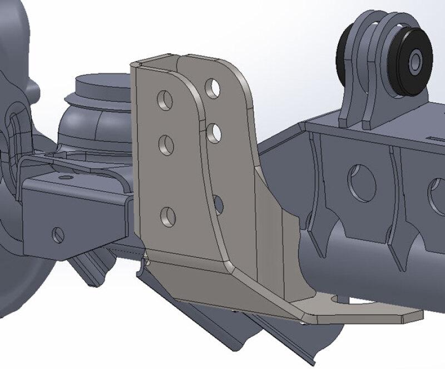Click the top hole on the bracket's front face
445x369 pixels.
(165, 100)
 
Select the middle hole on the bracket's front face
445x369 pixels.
(166, 145)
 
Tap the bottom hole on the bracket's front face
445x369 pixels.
(168, 216)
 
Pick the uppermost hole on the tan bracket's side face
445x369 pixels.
(212, 88)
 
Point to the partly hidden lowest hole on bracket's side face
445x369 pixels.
(218, 205)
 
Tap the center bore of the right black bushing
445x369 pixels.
(415, 60)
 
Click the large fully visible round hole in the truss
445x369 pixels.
(362, 183)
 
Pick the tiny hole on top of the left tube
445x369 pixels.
(66, 177)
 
